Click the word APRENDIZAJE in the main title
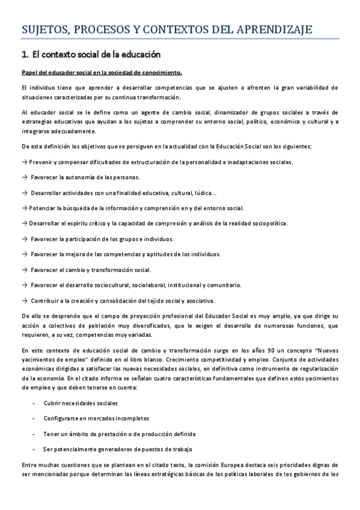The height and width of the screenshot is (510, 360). coord(290,29)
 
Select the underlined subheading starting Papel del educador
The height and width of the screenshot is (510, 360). coord(101,73)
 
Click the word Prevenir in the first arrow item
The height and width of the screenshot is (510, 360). coord(42,162)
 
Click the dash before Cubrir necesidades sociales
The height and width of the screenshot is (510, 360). coord(32,403)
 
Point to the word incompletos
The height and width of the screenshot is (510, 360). coord(130,418)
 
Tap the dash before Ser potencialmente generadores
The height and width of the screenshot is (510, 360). coord(32,449)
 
